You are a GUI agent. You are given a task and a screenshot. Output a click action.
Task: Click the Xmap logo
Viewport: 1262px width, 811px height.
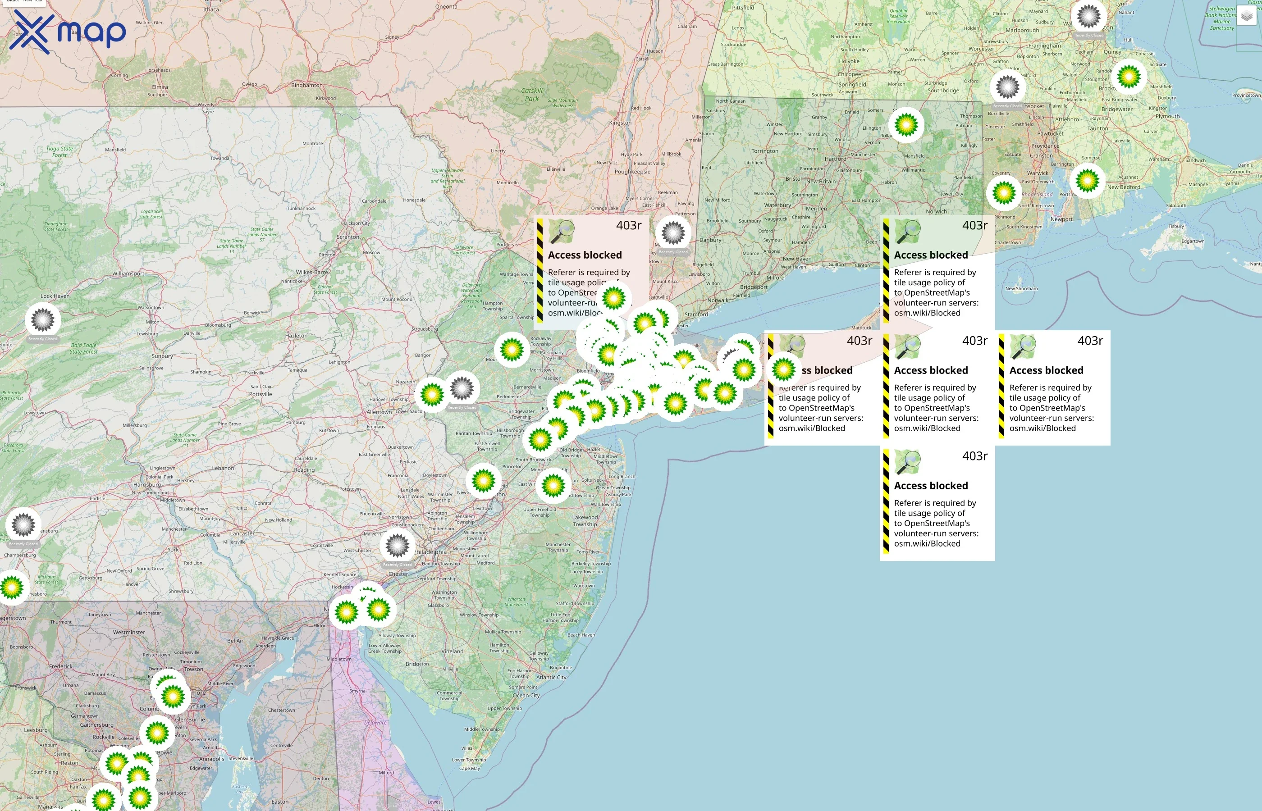point(68,32)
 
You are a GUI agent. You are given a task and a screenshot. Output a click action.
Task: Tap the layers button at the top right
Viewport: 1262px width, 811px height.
point(1246,16)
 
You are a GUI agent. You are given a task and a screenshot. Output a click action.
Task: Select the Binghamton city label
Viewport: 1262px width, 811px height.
point(306,85)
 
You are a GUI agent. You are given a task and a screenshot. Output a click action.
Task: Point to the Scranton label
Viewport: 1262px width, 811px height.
point(348,237)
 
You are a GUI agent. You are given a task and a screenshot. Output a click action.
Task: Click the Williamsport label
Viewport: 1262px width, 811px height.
point(128,274)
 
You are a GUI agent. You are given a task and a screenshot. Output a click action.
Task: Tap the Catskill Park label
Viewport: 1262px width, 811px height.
point(531,94)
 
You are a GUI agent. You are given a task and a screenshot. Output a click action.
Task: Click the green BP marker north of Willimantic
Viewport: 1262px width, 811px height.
point(906,125)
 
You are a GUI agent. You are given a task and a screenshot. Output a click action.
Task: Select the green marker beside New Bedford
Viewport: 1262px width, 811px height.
point(1087,181)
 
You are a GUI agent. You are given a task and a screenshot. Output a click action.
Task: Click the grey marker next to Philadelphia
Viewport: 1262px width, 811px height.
point(397,546)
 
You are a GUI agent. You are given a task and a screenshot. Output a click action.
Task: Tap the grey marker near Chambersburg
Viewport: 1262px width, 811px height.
point(23,525)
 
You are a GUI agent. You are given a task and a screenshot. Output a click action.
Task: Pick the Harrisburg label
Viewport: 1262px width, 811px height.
point(147,484)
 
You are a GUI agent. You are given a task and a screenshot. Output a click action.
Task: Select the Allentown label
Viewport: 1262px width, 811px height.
point(379,412)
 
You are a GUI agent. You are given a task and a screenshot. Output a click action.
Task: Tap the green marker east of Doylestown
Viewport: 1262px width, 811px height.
point(483,480)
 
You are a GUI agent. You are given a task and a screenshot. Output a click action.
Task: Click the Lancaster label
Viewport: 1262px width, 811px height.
point(242,533)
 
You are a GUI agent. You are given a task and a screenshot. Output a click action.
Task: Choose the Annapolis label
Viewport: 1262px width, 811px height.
point(211,759)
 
